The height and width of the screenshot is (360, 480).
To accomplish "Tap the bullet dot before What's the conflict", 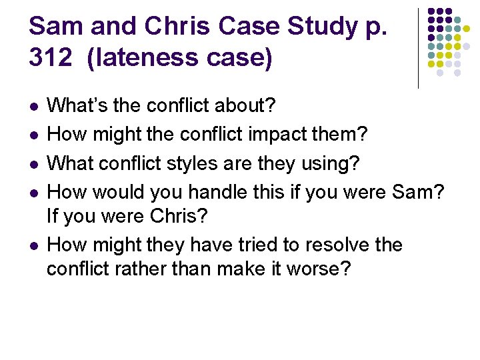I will (33, 107).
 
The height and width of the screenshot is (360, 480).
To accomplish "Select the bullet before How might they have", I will (33, 246).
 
